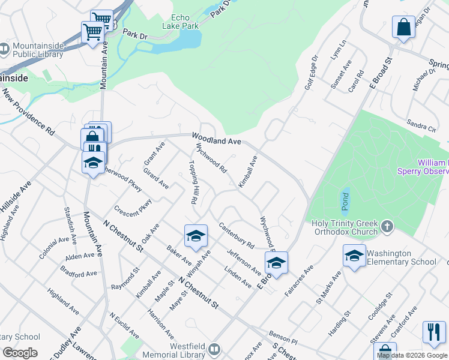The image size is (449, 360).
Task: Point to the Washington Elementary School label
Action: [x=402, y=257]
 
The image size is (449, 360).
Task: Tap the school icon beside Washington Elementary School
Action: [x=355, y=256]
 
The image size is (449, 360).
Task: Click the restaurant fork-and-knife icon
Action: [x=434, y=332]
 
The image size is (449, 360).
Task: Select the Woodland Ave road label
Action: [x=216, y=140]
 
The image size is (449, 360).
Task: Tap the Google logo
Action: [x=20, y=353]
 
